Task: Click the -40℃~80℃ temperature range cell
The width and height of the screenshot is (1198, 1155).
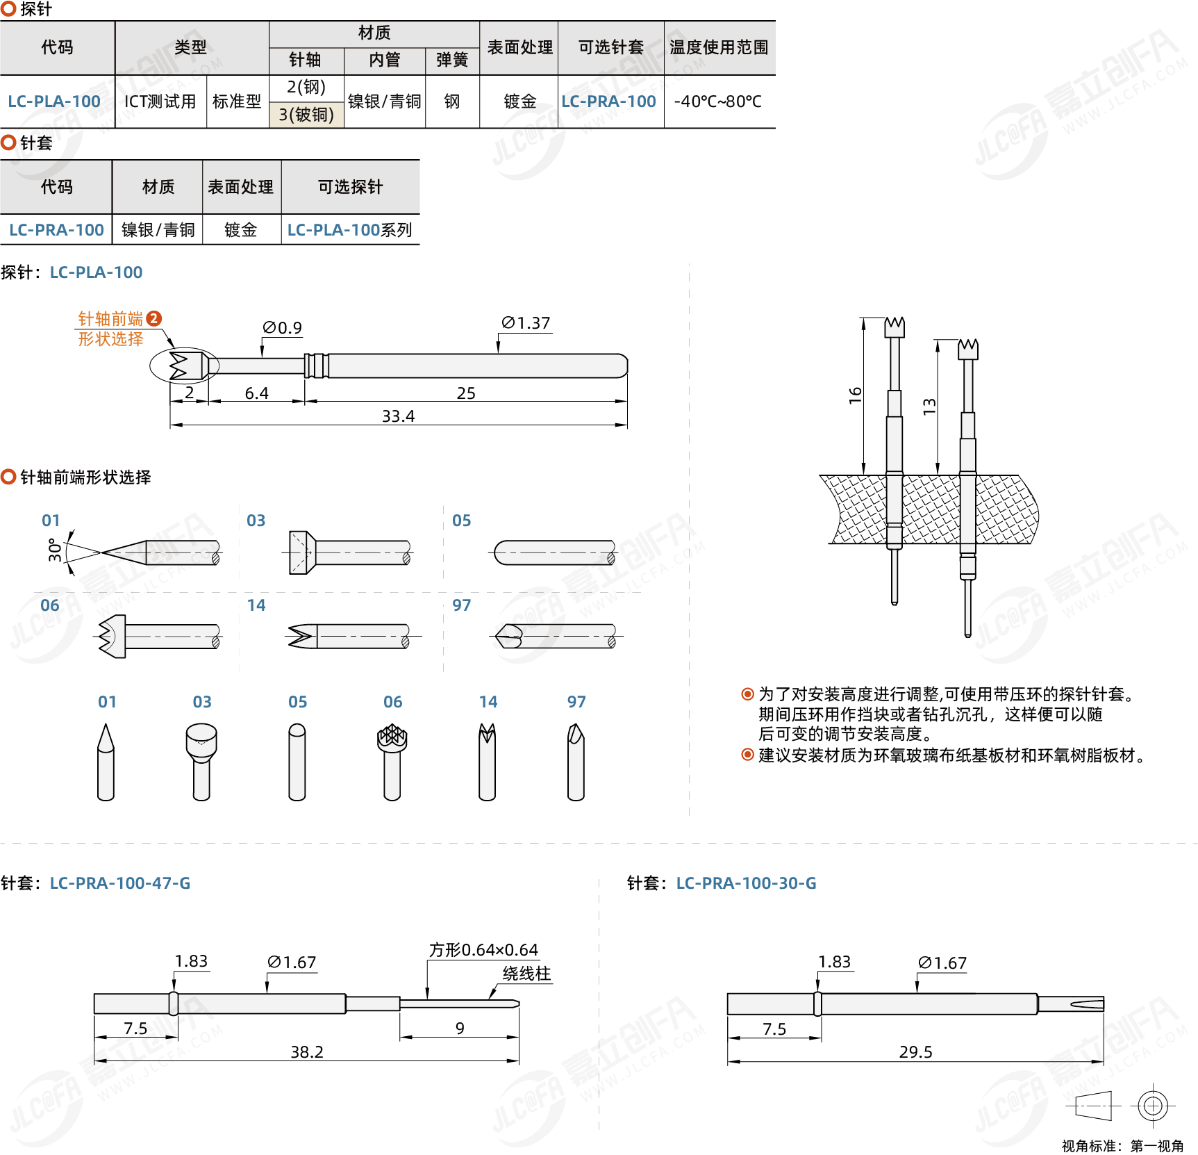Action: point(718,101)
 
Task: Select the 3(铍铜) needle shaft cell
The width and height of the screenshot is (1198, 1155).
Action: point(306,115)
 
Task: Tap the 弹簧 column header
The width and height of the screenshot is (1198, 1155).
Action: point(452,60)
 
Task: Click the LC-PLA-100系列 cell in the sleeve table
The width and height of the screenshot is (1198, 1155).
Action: point(349,230)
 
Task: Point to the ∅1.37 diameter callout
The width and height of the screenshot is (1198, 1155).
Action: point(526,323)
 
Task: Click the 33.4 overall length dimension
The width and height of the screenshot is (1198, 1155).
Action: point(398,416)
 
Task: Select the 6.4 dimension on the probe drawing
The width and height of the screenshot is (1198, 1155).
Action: point(256,393)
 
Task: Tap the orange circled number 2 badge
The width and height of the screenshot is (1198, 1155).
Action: point(154,318)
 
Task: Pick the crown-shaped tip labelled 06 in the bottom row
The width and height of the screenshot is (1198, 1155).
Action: point(392,760)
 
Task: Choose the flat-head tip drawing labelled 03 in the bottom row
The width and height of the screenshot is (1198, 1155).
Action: point(201,760)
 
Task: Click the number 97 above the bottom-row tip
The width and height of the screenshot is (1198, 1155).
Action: point(576,702)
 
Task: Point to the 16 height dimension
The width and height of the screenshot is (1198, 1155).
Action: point(855,395)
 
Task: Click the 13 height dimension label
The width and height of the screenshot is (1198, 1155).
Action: point(929,407)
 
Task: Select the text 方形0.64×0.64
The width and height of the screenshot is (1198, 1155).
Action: point(483,950)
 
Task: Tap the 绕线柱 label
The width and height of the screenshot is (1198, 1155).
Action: point(526,974)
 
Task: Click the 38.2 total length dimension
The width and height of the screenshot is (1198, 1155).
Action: point(307,1052)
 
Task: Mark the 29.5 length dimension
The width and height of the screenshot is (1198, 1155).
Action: point(915,1052)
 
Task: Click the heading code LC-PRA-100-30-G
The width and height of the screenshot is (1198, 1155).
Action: point(746,883)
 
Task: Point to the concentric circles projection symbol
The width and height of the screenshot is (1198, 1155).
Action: point(1152,1105)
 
